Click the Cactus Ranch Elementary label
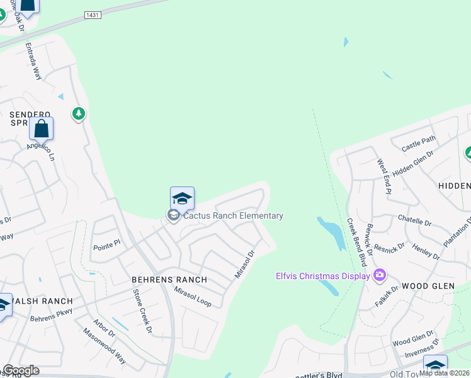point(233,216)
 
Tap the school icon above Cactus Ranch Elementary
point(182,198)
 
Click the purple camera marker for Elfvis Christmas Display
point(379,275)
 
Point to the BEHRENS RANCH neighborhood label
point(169,278)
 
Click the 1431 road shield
point(91,14)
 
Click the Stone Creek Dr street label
point(142,311)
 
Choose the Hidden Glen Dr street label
point(413,163)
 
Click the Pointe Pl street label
point(106,245)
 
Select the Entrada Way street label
point(33,61)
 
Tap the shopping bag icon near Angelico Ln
point(41,129)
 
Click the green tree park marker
point(79,114)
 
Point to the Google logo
point(20,370)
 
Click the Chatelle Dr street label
point(414,220)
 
